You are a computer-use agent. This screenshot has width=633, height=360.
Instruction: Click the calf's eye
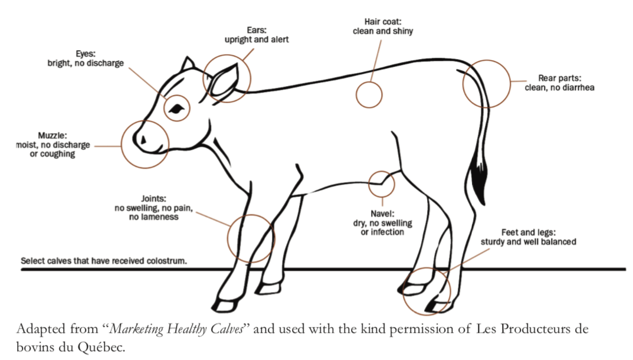coord(177,109)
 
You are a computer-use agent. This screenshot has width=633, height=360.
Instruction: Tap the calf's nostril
coord(143,140)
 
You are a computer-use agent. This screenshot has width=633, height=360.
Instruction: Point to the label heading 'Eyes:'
coord(86,54)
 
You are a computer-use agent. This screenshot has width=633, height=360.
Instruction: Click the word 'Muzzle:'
coord(53,135)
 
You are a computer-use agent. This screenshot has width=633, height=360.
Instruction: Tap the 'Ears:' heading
coord(257,30)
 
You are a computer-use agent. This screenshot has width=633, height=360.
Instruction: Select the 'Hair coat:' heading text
coord(383,21)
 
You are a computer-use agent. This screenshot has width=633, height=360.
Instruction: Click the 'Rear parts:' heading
coord(559,78)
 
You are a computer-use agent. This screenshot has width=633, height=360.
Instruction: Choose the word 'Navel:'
coord(382,213)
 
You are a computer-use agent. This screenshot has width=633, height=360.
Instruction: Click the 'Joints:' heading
coord(153,198)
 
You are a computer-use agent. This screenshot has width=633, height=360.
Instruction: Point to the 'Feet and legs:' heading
coord(529,233)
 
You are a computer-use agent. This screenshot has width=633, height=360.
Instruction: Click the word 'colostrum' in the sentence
coord(166,261)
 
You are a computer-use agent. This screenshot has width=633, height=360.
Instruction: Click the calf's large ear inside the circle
coord(224,80)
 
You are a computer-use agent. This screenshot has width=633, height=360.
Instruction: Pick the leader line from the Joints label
coord(213,218)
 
